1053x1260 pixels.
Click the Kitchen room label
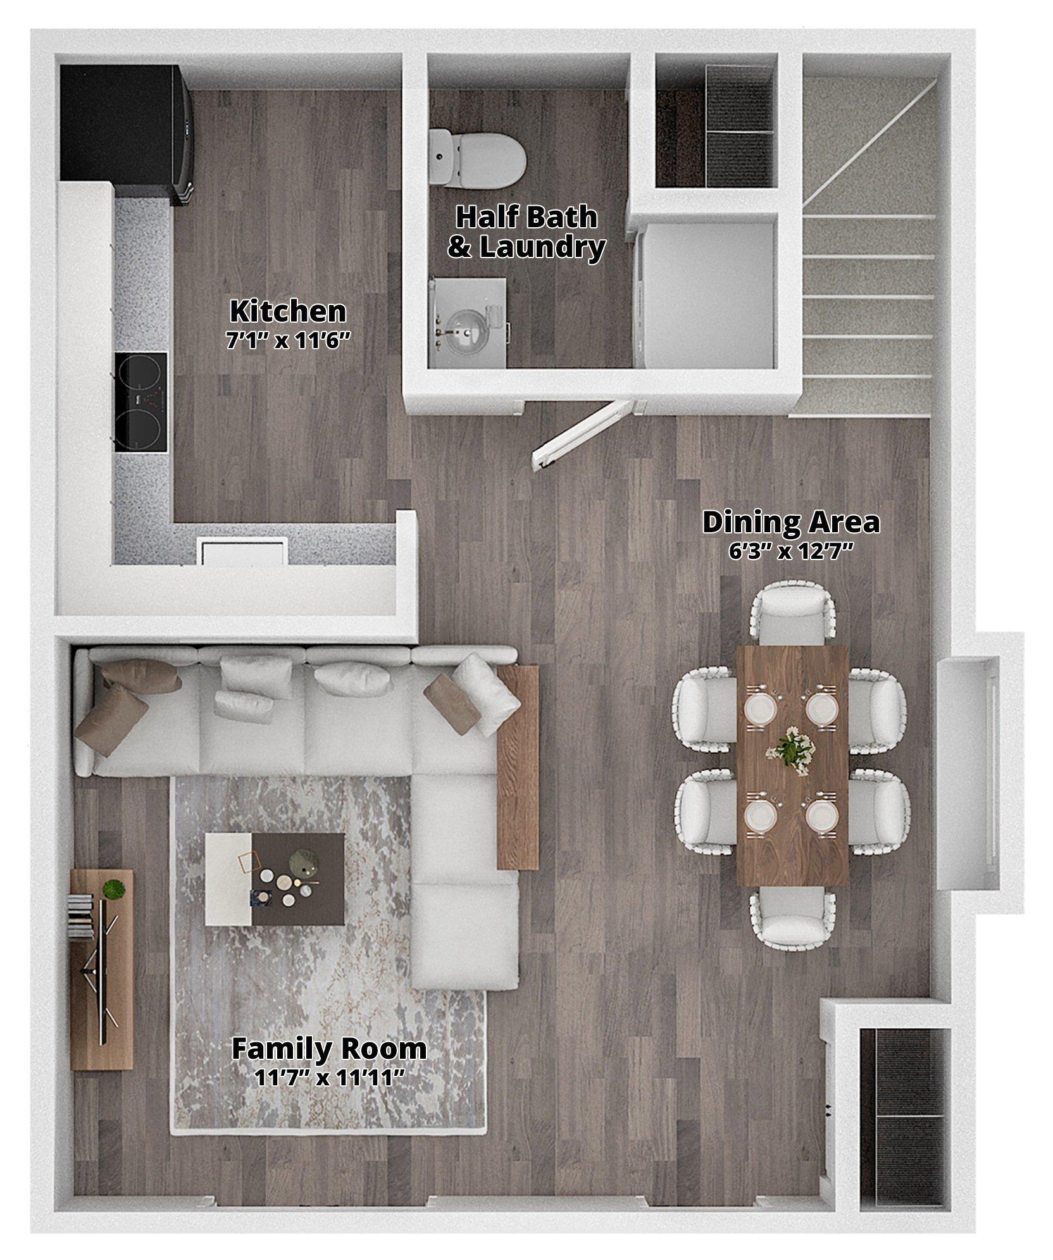pos(288,311)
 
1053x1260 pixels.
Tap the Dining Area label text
pos(791,522)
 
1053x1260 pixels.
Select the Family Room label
pos(328,1049)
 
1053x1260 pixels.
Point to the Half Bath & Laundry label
pos(526,232)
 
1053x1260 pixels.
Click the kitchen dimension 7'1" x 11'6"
pos(288,341)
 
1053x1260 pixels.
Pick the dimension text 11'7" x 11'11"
pos(328,1077)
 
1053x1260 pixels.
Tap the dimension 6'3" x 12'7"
pos(791,552)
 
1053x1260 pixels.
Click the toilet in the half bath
pos(478,158)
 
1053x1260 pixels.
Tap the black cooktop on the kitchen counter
pos(141,402)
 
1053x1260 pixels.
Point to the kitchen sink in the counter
pos(242,551)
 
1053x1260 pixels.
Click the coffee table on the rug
pos(275,879)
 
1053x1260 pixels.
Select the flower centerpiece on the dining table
pos(790,750)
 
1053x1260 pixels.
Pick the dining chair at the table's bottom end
pos(792,918)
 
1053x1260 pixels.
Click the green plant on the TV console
pos(113,889)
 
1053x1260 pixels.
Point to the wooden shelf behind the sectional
pos(518,767)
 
